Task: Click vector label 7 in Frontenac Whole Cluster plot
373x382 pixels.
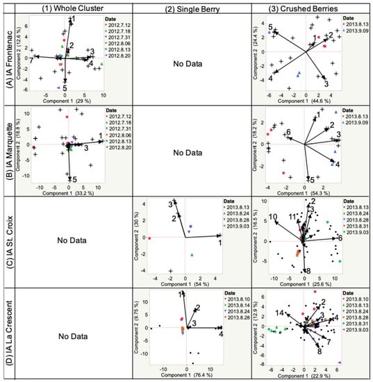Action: click(x=31, y=61)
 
